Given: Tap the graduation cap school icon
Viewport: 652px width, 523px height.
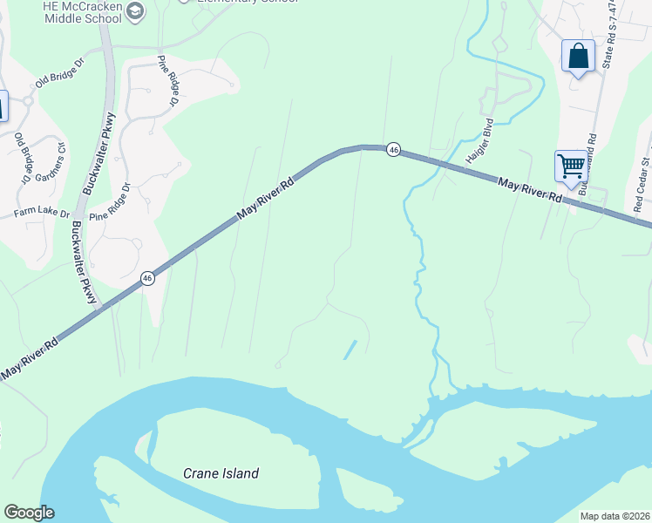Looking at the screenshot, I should (x=134, y=10).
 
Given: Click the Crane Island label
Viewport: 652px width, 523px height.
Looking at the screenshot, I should (x=221, y=473).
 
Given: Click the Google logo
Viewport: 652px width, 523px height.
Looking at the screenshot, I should (x=29, y=513).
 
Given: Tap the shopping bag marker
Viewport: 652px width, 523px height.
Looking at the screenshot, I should (x=578, y=57).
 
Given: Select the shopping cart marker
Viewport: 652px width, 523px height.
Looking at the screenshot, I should (x=572, y=166).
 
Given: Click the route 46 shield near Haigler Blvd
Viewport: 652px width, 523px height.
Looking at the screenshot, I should (x=394, y=150).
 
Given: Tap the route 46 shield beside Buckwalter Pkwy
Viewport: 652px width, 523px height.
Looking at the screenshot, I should (x=147, y=278).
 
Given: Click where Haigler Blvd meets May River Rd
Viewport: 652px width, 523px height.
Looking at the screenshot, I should (x=442, y=163).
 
